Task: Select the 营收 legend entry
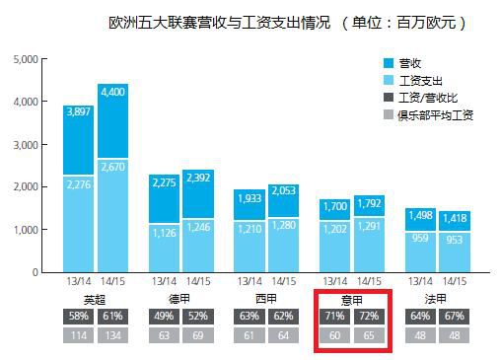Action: (x=413, y=63)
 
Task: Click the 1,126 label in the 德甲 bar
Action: (x=164, y=232)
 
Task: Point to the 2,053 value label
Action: (x=284, y=191)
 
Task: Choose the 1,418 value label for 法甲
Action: (x=456, y=218)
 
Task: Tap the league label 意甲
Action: (x=352, y=298)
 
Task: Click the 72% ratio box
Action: (x=370, y=316)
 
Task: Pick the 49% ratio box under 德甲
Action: (x=164, y=316)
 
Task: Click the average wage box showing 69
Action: (x=198, y=335)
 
